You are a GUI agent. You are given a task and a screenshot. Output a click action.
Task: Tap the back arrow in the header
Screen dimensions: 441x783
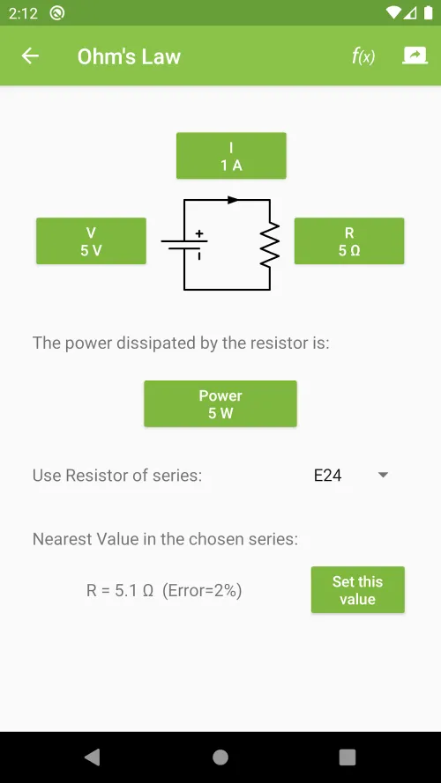click(30, 56)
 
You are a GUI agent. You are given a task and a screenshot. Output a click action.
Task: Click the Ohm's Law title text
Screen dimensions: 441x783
click(129, 56)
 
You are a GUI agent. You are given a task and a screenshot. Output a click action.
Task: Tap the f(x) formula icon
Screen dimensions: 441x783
click(363, 56)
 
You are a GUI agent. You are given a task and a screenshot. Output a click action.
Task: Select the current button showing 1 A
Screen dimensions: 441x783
click(231, 155)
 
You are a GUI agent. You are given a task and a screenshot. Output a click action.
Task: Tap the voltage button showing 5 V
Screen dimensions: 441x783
click(91, 240)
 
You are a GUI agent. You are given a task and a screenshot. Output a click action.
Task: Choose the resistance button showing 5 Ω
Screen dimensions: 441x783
click(349, 240)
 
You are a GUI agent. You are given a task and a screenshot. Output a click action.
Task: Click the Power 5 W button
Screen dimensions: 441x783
click(220, 403)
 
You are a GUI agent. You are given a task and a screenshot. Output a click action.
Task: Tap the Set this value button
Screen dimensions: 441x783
click(357, 589)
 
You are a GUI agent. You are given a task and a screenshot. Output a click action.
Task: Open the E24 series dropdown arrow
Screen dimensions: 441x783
click(383, 475)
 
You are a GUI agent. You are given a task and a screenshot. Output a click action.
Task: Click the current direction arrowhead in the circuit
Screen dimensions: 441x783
click(233, 200)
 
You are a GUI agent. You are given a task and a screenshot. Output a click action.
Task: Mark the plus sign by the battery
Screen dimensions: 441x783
click(199, 233)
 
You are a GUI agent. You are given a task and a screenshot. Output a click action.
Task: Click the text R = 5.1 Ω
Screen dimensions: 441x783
click(119, 591)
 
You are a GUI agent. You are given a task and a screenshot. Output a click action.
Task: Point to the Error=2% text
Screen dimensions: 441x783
click(202, 591)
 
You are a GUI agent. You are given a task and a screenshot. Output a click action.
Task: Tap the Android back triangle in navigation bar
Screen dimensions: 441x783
click(92, 757)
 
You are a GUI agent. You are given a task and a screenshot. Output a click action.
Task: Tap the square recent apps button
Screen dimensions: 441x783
click(347, 757)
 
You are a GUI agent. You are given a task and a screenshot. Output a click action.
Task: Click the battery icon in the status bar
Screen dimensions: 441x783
click(428, 13)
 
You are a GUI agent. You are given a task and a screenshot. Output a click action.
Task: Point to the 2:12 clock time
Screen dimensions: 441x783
click(23, 13)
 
